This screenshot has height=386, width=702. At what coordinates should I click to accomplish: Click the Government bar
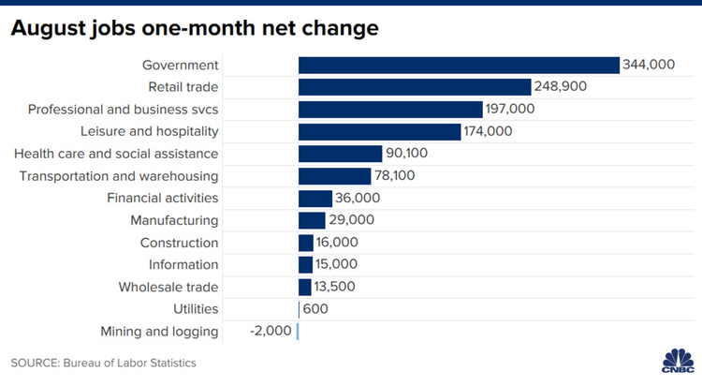(x=459, y=65)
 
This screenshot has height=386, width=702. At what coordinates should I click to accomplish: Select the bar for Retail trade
(x=415, y=87)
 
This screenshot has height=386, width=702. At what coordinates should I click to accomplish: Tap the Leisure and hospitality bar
(x=379, y=131)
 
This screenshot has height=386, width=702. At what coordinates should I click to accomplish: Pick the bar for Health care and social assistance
(x=340, y=154)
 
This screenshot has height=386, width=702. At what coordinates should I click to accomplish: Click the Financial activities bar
(x=315, y=198)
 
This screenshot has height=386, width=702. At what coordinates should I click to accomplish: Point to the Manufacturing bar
(x=312, y=220)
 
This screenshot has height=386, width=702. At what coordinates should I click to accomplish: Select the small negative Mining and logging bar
(x=298, y=331)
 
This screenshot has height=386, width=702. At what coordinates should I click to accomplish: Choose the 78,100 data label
(x=408, y=176)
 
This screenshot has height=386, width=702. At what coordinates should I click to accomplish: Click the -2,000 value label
(x=271, y=331)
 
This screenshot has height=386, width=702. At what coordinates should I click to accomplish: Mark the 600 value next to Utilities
(x=315, y=309)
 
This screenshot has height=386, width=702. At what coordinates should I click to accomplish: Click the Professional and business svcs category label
(x=122, y=110)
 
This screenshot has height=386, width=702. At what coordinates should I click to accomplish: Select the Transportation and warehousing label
(x=119, y=176)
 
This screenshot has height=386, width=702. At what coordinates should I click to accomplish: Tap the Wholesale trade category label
(x=168, y=287)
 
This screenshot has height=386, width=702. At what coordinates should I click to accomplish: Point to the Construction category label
(x=180, y=243)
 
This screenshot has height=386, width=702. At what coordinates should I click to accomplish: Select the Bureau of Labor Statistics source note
(x=104, y=363)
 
